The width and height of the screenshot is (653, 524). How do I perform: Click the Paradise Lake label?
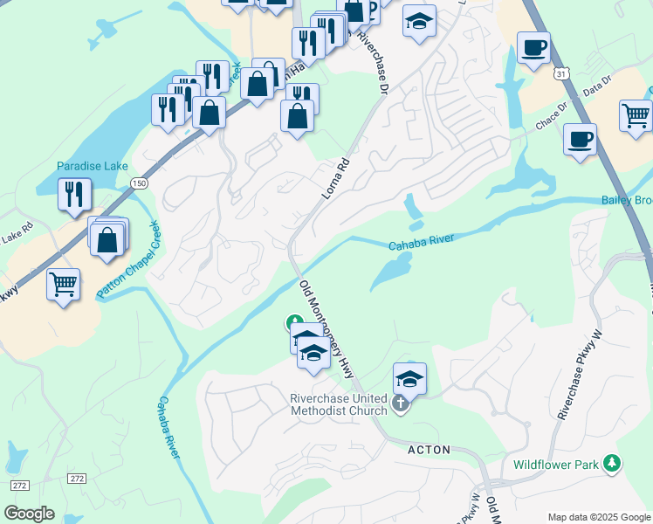point(92,166)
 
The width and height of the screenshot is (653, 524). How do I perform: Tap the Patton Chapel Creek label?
point(129,260)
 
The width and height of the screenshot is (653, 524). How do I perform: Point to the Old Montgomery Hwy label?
point(329,327)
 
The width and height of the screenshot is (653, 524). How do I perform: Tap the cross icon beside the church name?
point(400,403)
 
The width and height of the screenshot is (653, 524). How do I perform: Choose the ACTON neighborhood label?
point(429,450)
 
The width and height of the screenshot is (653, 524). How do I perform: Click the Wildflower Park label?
point(555,464)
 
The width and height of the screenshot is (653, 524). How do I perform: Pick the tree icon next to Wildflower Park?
point(614,463)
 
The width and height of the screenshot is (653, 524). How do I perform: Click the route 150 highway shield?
point(139,183)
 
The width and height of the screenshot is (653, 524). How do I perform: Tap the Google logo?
point(29,513)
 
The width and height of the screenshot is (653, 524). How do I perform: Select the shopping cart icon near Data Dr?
point(636,116)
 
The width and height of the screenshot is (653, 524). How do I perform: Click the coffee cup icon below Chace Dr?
point(579,139)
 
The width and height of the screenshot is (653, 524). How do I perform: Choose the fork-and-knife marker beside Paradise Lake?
point(74,193)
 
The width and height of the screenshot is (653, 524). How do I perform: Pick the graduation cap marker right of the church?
point(409,378)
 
